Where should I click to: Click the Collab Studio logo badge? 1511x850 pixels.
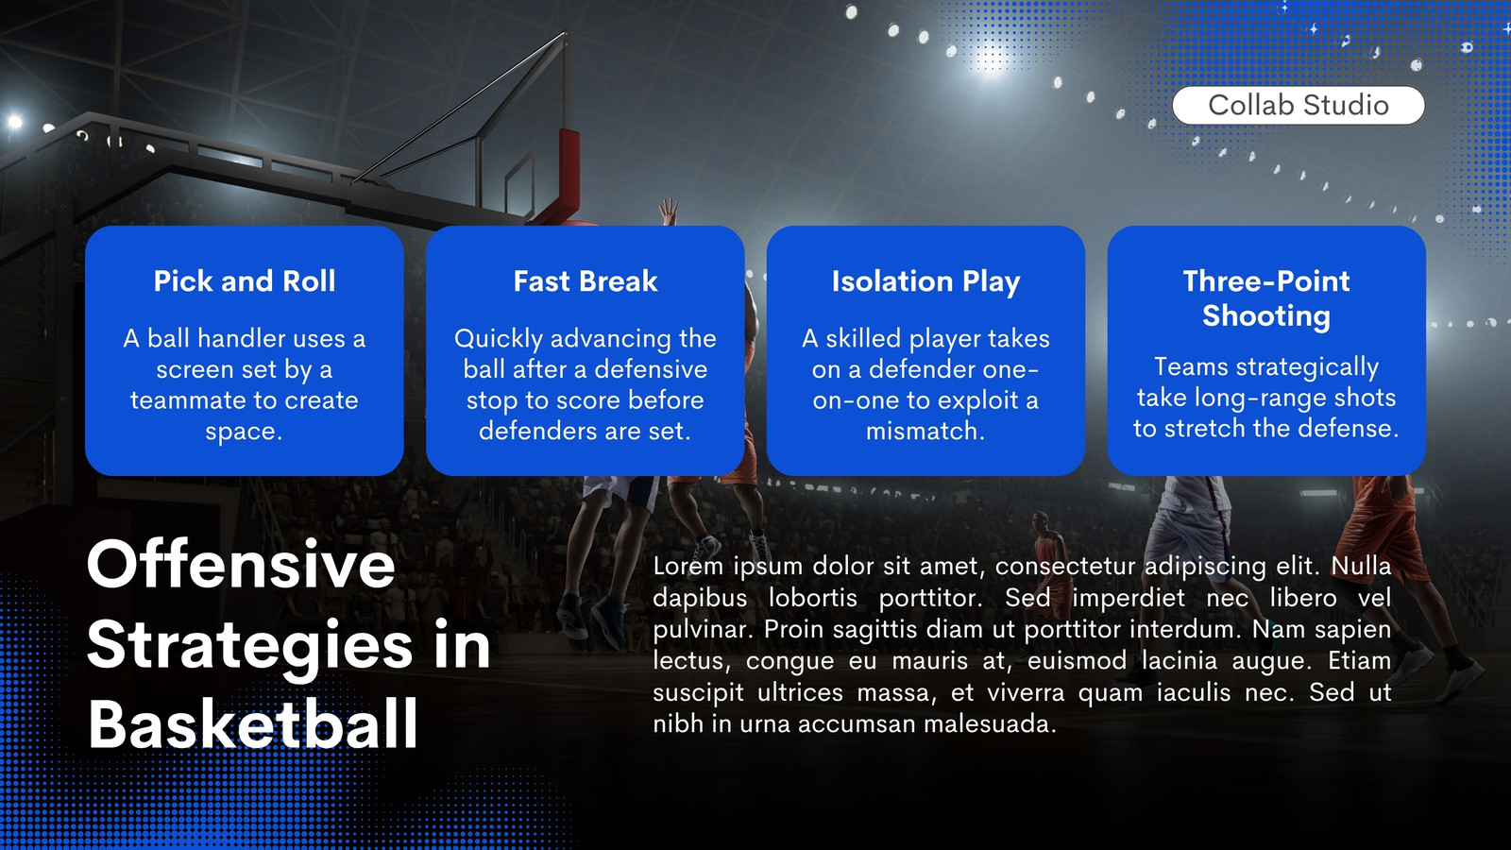[x=1298, y=105]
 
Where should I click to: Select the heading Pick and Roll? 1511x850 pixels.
[x=245, y=280]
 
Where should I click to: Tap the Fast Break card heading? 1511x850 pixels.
[x=585, y=280]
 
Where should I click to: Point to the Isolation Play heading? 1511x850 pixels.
[x=925, y=281]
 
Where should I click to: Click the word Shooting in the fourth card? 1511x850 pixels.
[x=1266, y=315]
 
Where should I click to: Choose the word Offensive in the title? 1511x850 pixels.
[x=241, y=564]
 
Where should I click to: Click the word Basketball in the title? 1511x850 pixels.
[x=253, y=723]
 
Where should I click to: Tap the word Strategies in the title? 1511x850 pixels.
[x=249, y=646]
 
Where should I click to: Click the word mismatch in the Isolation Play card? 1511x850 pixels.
[x=925, y=431]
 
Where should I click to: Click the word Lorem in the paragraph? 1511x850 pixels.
[x=688, y=566]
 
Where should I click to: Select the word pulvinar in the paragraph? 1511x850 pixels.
[x=703, y=629]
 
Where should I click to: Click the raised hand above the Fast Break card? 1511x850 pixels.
[x=668, y=212]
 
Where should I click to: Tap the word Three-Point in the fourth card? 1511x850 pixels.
[x=1266, y=280]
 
